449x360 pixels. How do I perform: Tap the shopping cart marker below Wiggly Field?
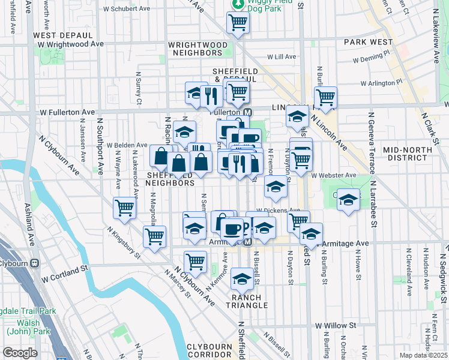(x=238, y=24)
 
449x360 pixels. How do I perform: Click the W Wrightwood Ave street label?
(x=70, y=44)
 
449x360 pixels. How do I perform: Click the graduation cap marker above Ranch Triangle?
(x=242, y=279)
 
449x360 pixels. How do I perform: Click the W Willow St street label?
(x=339, y=325)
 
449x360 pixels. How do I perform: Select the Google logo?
(x=20, y=353)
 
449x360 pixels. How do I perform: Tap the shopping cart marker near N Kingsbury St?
(x=154, y=236)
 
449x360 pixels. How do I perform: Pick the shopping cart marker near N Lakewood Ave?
(x=124, y=208)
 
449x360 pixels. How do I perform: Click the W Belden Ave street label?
(x=127, y=145)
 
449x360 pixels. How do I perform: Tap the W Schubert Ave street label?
(x=127, y=9)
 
